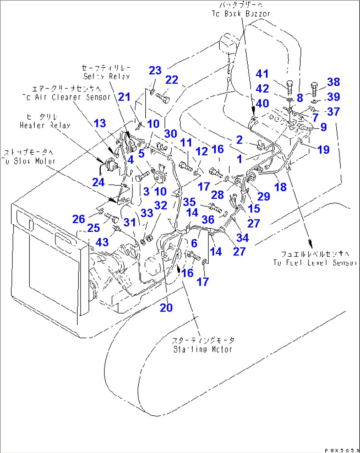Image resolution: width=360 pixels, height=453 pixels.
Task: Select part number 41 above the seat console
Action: tap(262, 74)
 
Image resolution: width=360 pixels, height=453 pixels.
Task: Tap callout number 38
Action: tap(333, 82)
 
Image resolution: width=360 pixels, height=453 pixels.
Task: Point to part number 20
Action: tap(166, 308)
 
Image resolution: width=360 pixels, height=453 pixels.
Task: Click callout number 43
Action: tap(102, 242)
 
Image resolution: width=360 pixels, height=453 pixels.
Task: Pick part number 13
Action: tap(100, 123)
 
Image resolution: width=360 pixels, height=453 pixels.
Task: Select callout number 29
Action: tap(263, 196)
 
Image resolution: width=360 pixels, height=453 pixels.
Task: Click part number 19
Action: tap(323, 150)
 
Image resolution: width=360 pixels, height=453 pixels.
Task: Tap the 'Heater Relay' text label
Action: tap(45, 125)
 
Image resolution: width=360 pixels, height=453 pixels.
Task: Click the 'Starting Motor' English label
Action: tap(202, 349)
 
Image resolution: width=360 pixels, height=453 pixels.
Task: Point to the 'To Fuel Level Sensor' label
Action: tap(315, 263)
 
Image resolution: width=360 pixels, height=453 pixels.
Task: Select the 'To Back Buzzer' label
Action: tap(241, 14)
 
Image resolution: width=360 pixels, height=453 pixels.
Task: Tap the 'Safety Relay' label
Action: tap(106, 76)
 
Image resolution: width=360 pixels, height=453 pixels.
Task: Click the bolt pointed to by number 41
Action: tap(289, 87)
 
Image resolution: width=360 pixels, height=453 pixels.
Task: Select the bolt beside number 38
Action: tap(314, 88)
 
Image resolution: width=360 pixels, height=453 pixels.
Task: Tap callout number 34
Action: tap(242, 238)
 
